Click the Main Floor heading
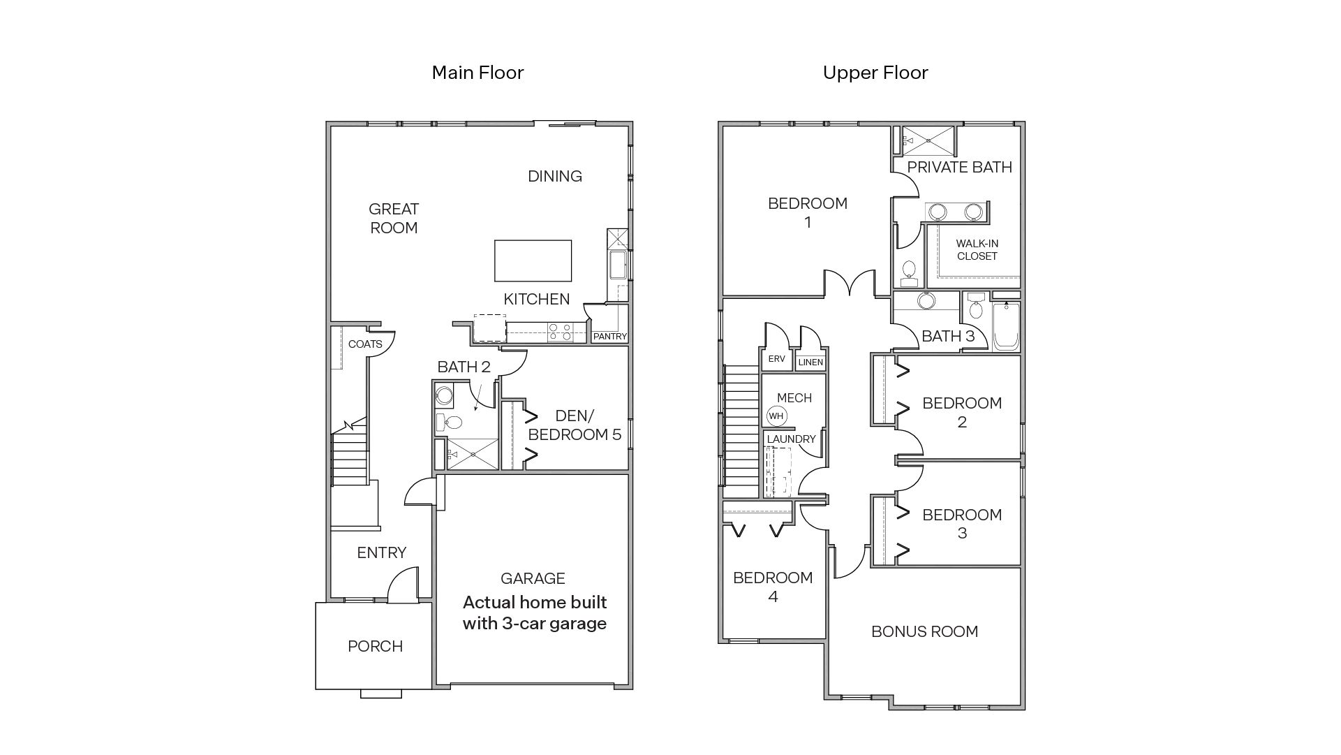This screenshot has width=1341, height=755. [477, 73]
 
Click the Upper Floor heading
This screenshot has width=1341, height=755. [875, 73]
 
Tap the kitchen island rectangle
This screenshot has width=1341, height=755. [533, 261]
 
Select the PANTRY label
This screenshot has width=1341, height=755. [609, 337]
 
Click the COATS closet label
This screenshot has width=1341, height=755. [365, 344]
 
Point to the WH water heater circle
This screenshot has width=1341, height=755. [776, 416]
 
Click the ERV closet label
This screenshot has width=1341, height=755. [776, 359]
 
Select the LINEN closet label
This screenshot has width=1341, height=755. [810, 362]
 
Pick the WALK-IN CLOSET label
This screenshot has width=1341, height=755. [977, 250]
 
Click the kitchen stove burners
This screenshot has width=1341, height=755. [559, 332]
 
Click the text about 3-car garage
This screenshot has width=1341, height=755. [534, 613]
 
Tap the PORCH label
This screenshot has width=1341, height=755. [375, 647]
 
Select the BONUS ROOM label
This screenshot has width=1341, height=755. [924, 632]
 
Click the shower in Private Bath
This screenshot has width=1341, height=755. [928, 140]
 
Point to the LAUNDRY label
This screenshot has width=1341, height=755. [791, 439]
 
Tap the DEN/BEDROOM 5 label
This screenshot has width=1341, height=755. [574, 426]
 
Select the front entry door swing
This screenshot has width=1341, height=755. [403, 585]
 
